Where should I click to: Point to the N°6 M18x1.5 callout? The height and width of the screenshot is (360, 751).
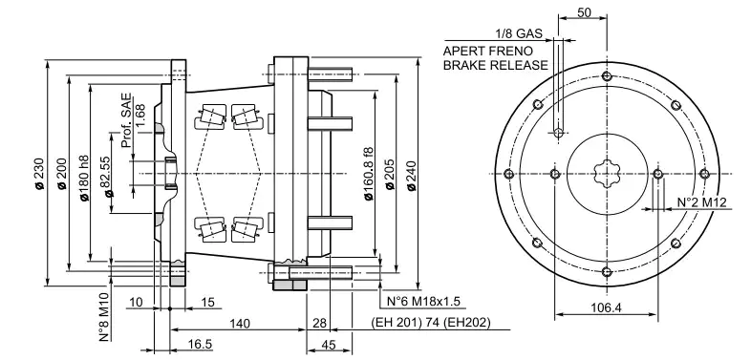(421, 303)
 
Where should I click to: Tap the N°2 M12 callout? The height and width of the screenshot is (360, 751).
(702, 202)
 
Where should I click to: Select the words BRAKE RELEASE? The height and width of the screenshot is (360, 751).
(496, 65)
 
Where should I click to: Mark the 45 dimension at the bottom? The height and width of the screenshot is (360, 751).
(327, 346)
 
